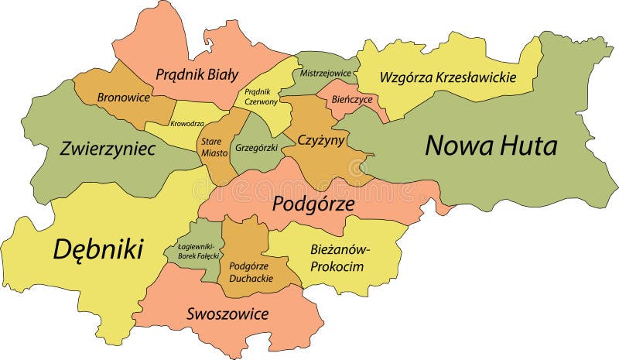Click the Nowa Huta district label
point(491,146)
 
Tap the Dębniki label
point(98,249)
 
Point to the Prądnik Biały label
point(197,75)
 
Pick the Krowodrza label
point(187,124)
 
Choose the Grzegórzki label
point(256,146)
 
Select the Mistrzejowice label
point(326,74)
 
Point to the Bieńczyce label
point(352,100)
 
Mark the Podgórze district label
point(313,204)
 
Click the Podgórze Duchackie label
point(245,272)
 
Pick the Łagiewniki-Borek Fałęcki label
point(193,251)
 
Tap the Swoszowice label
point(227,314)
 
